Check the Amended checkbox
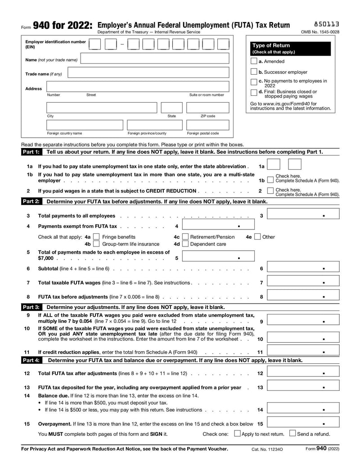(254, 61)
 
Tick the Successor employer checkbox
(254, 72)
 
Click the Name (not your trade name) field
(154, 58)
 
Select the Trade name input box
(148, 73)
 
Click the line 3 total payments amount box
(303, 215)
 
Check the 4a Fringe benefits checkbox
(96, 237)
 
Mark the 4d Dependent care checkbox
(184, 244)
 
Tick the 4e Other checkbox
(257, 237)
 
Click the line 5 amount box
(218, 258)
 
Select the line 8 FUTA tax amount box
(303, 297)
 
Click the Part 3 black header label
(31, 307)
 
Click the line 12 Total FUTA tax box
(303, 373)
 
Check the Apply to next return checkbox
(237, 434)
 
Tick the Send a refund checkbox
(292, 434)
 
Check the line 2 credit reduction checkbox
(270, 192)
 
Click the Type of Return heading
(271, 45)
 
